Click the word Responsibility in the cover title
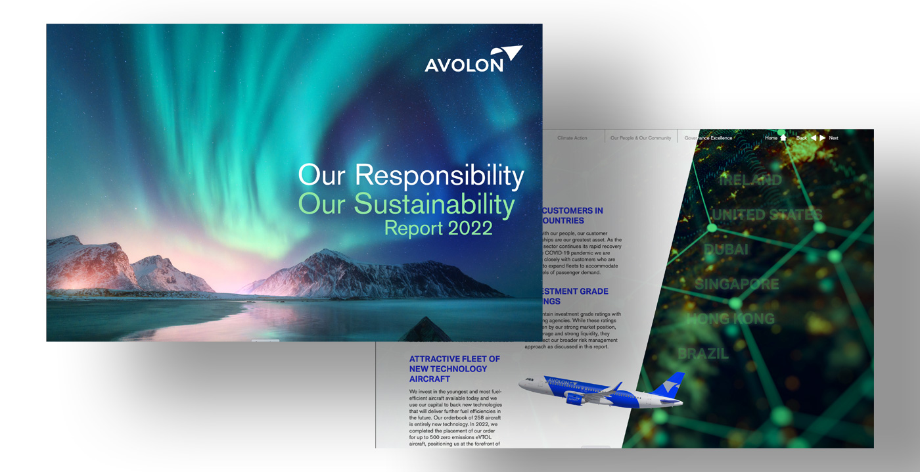pos(440,176)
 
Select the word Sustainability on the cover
pos(434,204)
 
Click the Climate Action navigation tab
pos(572,138)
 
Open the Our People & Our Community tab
pos(641,138)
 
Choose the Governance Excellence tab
pos(708,138)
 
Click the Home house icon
pos(783,138)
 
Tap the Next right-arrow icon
pos(822,138)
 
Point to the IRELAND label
pos(750,180)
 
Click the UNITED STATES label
pos(767,215)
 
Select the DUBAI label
pos(725,250)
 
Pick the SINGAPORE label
pos(736,285)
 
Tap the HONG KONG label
pos(730,319)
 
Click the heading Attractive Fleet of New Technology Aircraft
pos(455,369)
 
